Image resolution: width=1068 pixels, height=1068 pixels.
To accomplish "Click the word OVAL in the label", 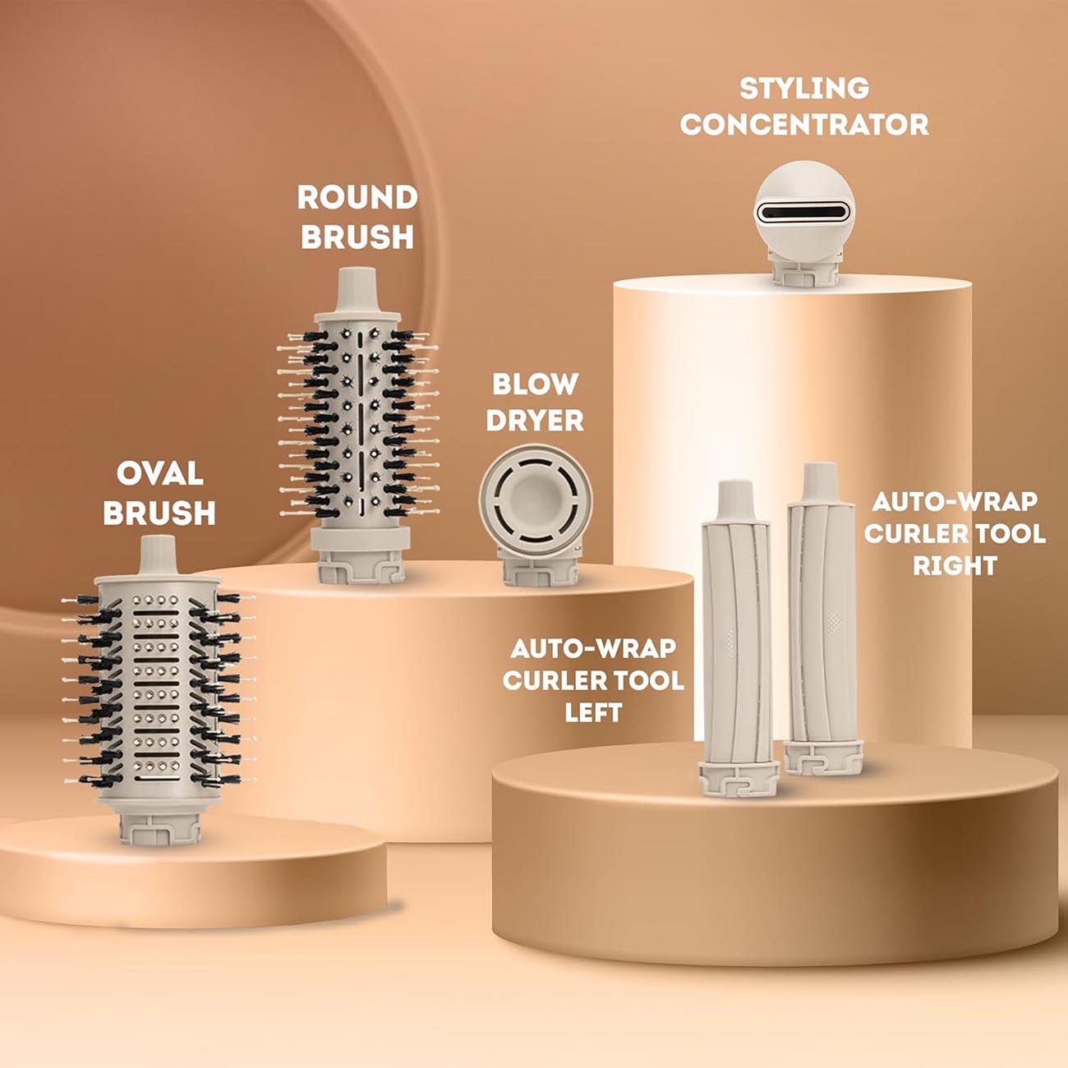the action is [160, 474].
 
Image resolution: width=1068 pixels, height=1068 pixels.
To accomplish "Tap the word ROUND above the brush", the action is [357, 198].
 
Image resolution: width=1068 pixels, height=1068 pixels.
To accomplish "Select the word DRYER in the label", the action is [535, 421].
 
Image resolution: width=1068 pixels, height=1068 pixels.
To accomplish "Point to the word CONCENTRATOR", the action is [804, 125].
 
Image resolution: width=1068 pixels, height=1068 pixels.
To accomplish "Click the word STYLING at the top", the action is [804, 89].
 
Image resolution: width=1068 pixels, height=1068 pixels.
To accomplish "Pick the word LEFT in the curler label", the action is [593, 713].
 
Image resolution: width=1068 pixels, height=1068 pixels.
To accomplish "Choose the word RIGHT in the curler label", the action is [955, 566].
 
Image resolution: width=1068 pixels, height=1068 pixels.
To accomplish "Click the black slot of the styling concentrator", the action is [803, 211].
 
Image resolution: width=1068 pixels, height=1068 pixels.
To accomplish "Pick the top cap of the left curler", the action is [734, 501].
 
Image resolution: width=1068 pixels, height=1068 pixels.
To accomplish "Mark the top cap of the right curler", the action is [820, 482].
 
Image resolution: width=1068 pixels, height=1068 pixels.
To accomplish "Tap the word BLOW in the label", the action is [536, 384].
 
